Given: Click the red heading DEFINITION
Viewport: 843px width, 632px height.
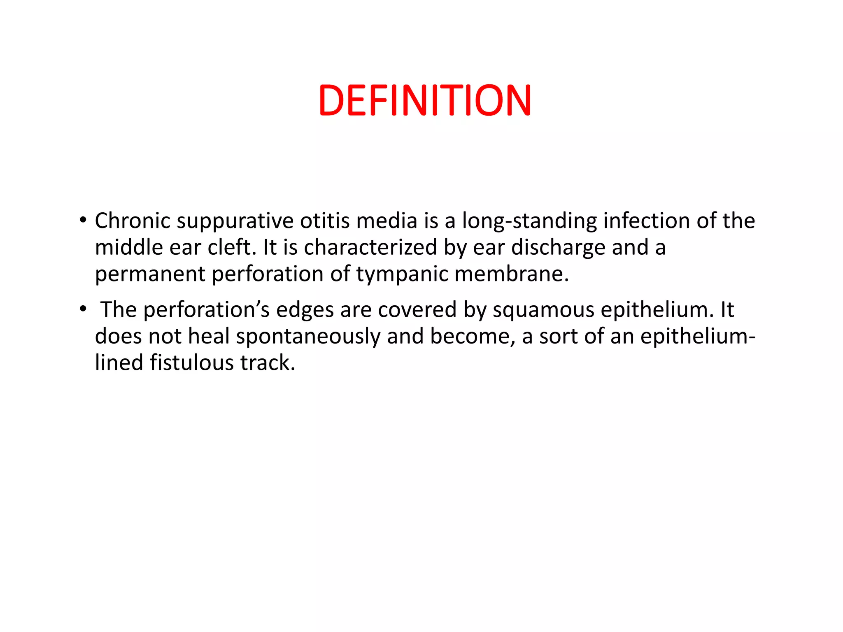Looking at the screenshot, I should [x=425, y=100].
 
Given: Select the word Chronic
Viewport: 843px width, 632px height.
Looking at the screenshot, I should [x=132, y=221].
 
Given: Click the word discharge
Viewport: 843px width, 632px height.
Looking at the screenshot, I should [x=558, y=248].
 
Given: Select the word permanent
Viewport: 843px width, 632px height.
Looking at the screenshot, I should [x=150, y=274].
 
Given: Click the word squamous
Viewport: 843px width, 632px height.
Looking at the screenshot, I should [x=543, y=310].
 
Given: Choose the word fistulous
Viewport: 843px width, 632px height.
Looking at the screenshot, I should [x=191, y=363].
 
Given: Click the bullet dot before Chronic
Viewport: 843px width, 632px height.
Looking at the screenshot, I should [x=83, y=220].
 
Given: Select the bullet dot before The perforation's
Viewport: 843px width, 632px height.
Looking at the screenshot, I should [x=83, y=309].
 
